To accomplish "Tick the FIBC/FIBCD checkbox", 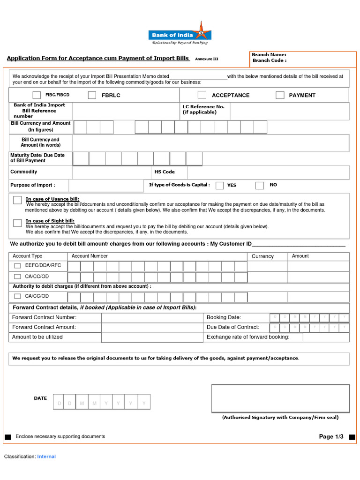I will click(x=37, y=95).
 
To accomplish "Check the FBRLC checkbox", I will click(x=92, y=95).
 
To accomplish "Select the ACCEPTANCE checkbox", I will click(x=202, y=95).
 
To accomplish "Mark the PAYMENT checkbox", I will click(x=280, y=95).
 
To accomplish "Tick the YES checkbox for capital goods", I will click(x=219, y=185).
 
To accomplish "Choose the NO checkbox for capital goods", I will click(x=260, y=185).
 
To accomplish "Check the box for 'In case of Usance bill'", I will click(x=17, y=200).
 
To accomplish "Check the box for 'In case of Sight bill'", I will click(x=17, y=223).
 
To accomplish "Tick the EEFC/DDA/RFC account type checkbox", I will click(x=17, y=266).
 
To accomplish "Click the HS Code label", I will click(x=165, y=172).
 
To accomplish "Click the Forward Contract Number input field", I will click(x=152, y=318).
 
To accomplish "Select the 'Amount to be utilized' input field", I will click(x=152, y=337).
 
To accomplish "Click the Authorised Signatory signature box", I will click(x=280, y=398).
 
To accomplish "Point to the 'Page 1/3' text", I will click(x=331, y=437).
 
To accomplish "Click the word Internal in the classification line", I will click(x=46, y=457).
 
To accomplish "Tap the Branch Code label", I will click(x=270, y=60).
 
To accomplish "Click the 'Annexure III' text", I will click(x=207, y=59).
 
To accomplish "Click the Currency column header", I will click(x=262, y=256).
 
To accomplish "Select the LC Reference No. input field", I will click(x=290, y=111).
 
